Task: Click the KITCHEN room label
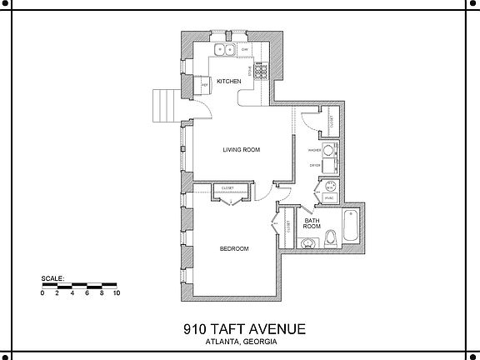(229, 81)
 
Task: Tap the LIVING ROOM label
(242, 150)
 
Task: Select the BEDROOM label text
(234, 248)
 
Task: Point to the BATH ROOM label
(312, 223)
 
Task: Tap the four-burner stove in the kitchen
(260, 72)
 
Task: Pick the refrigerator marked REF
(203, 84)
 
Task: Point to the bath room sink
(309, 243)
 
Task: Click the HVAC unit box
(329, 198)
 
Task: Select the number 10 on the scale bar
(117, 293)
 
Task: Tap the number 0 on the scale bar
(43, 293)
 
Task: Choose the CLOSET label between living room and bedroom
(227, 188)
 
